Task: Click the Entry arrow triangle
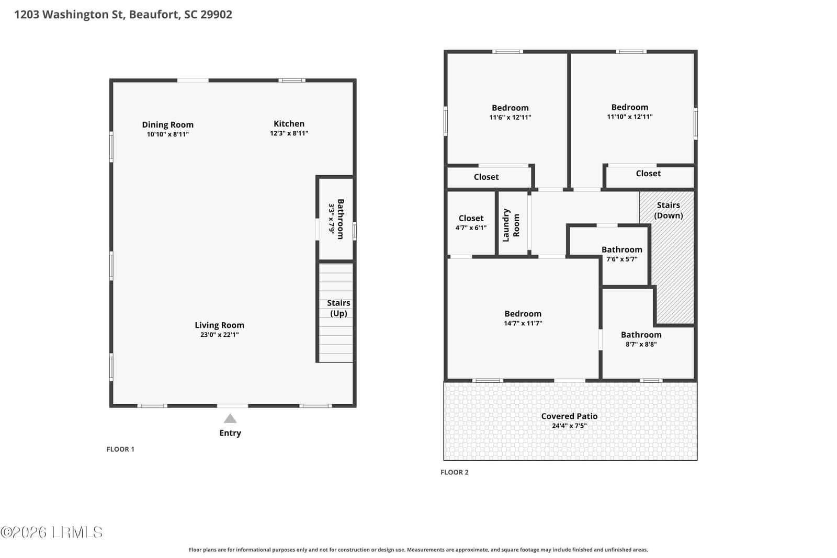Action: pos(230,419)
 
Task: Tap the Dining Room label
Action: pos(168,125)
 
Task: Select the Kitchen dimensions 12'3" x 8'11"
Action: pos(289,133)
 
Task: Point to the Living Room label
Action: pos(219,325)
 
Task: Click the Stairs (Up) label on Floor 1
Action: pos(338,308)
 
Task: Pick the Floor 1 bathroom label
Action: pos(341,219)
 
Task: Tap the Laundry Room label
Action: pos(511,225)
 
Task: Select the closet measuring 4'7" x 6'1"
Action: pos(471,223)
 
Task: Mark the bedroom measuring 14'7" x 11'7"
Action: pos(523,318)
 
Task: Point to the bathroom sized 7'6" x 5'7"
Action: pos(622,254)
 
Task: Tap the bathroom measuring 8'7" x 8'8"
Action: pos(641,339)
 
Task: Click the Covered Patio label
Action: pos(569,416)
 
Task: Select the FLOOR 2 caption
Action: pos(455,472)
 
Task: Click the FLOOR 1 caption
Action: pos(120,449)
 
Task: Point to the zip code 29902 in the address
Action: pos(217,14)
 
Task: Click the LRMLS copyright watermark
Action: pos(52,532)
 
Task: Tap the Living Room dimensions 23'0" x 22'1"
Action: pos(219,335)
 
